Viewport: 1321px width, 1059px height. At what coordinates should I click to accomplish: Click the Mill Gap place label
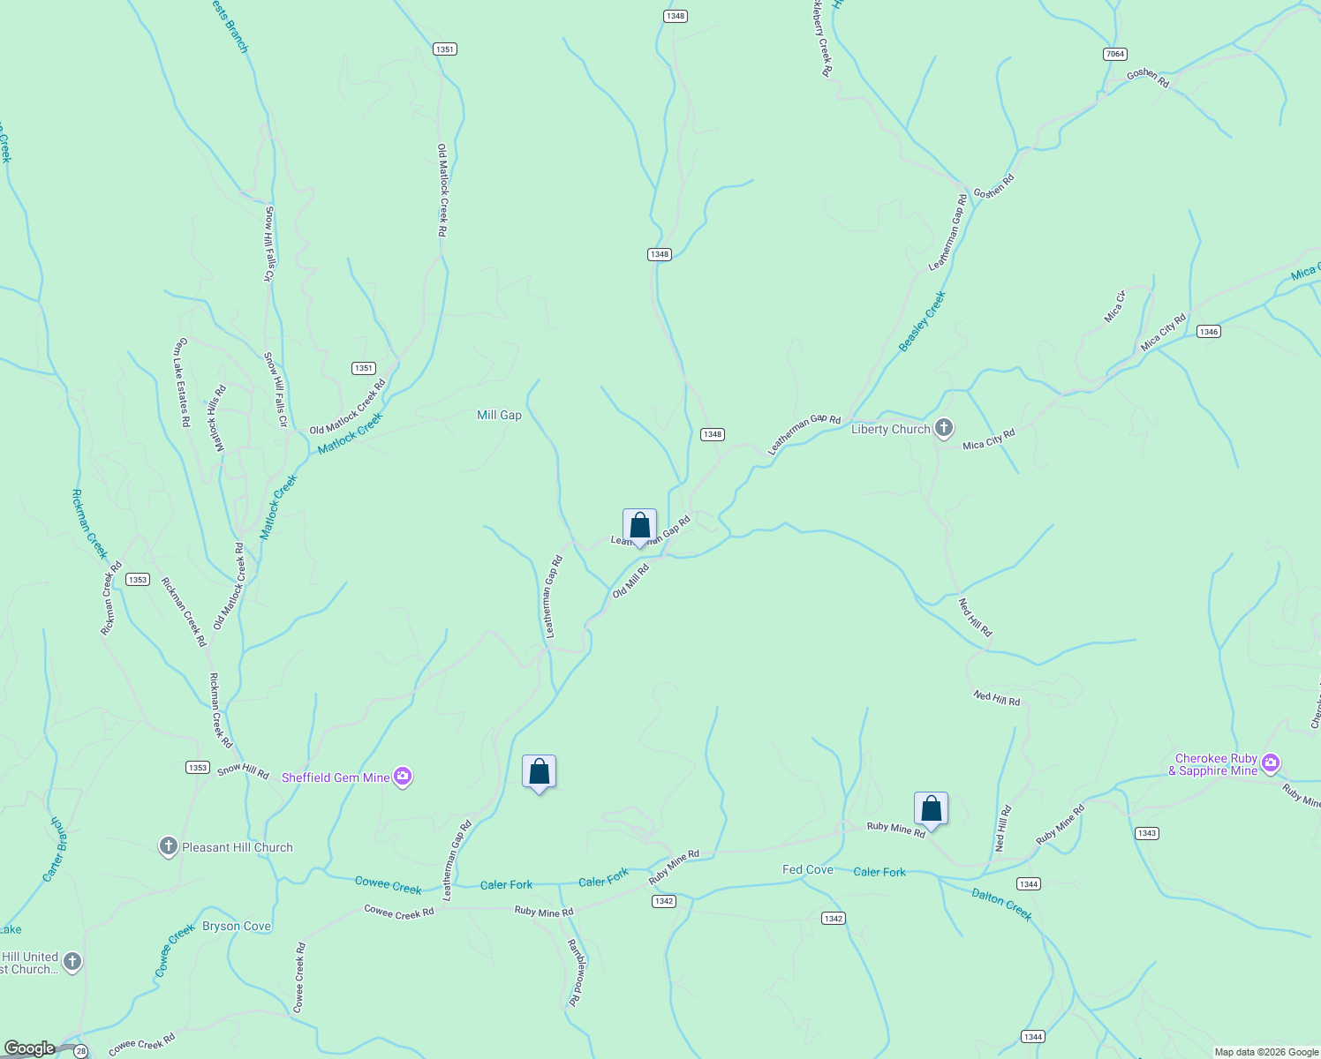pos(499,415)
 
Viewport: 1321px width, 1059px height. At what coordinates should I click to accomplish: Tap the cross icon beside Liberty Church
pos(944,429)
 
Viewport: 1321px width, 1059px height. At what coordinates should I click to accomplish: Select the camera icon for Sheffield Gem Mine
pos(403,777)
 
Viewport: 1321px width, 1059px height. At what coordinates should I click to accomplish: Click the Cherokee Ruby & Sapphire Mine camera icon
pos(1271,763)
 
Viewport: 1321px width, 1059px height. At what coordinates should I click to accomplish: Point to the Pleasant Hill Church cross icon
pos(168,847)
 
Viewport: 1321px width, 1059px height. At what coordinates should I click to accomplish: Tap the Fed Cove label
pos(807,869)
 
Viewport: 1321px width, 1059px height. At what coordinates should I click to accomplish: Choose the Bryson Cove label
pos(237,926)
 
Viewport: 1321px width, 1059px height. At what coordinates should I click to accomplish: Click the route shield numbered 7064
pos(1114,54)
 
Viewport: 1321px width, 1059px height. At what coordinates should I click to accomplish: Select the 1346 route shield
pos(1208,332)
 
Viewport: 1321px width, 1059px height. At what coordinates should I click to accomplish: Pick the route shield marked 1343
pos(1146,833)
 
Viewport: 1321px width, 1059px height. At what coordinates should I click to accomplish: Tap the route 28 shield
pos(80,1050)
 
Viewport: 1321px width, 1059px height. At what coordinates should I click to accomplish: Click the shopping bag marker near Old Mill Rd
pos(639,526)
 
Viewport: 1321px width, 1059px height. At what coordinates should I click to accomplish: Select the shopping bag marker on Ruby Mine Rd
pos(931,808)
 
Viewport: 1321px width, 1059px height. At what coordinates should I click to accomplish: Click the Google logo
pos(29,1048)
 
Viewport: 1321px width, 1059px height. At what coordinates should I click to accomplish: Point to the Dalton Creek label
pos(1001,905)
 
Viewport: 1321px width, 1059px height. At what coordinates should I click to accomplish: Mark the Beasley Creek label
pos(922,321)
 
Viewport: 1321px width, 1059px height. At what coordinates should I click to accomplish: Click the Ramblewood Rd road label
pos(576,973)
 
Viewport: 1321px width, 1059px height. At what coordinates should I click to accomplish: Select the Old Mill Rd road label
pos(630,582)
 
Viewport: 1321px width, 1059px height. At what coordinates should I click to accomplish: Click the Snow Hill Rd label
pos(243,771)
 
